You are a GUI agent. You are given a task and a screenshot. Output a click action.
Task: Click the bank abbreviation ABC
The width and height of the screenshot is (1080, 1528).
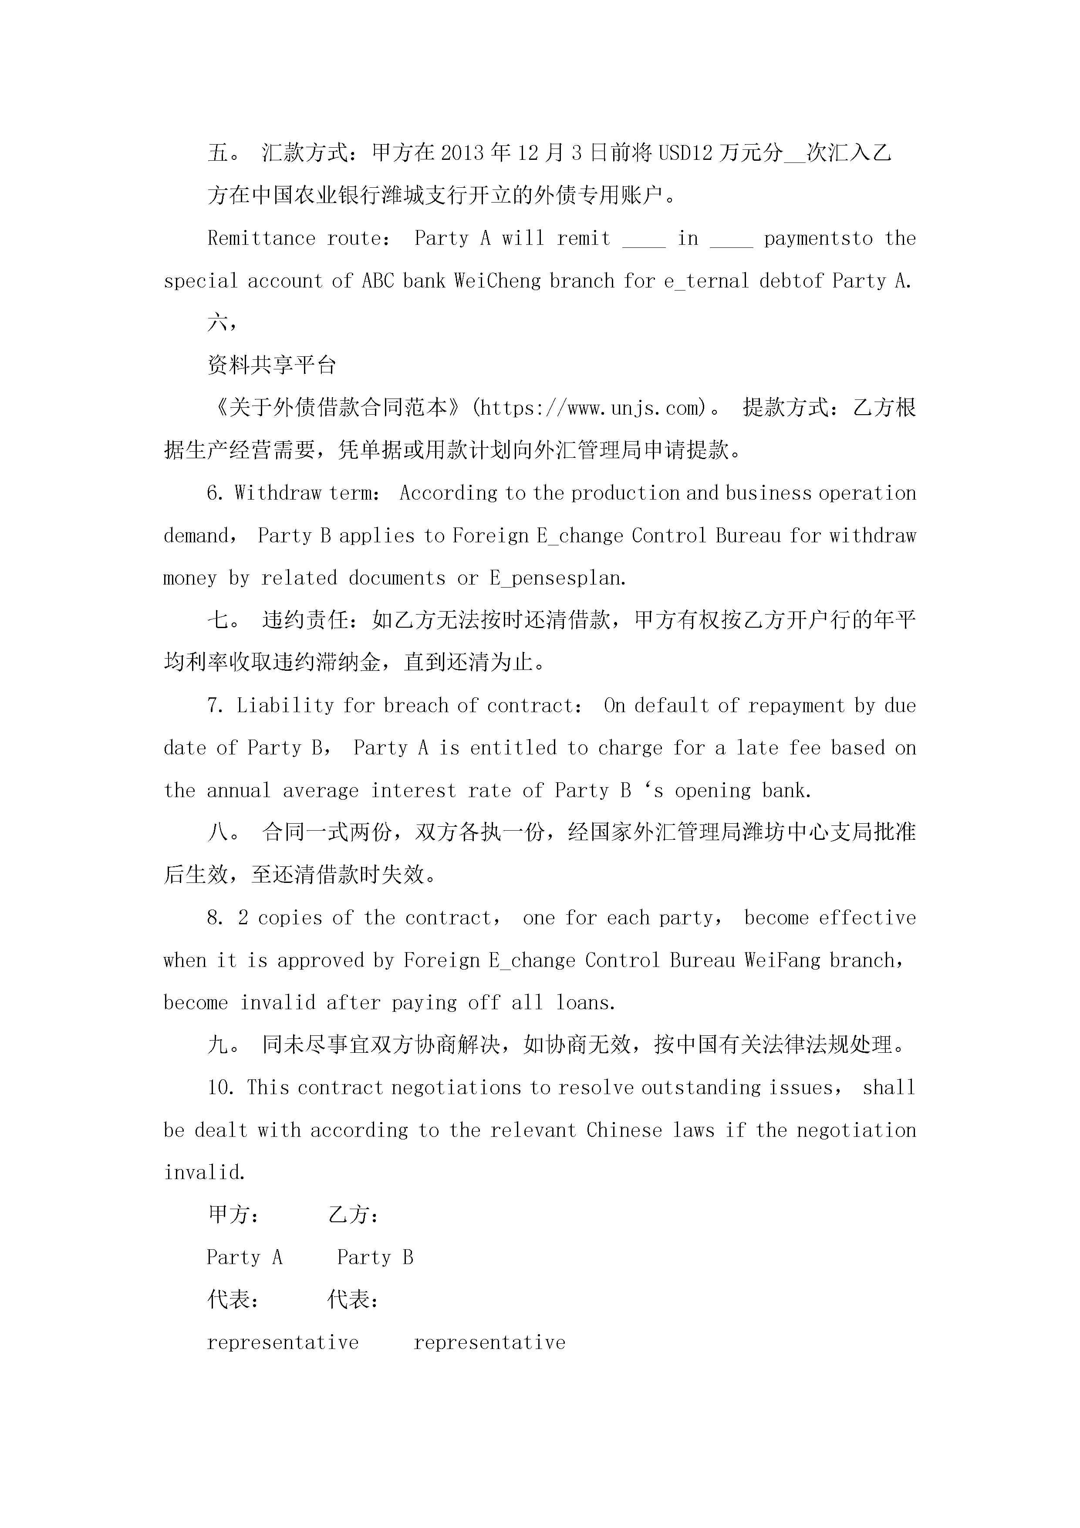click(x=378, y=281)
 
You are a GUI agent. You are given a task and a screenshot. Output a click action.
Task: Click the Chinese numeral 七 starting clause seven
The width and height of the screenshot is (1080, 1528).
click(x=218, y=620)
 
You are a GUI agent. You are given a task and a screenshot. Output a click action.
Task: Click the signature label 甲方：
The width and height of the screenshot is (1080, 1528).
click(x=233, y=1214)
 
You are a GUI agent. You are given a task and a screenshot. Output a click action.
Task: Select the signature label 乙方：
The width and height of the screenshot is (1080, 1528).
click(x=353, y=1214)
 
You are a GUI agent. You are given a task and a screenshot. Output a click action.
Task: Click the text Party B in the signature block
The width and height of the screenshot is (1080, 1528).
click(x=375, y=1257)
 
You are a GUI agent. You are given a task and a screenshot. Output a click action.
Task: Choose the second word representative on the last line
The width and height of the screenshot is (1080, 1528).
click(x=489, y=1342)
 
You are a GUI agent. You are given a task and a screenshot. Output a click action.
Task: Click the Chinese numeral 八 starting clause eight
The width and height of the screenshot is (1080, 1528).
click(x=218, y=832)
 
